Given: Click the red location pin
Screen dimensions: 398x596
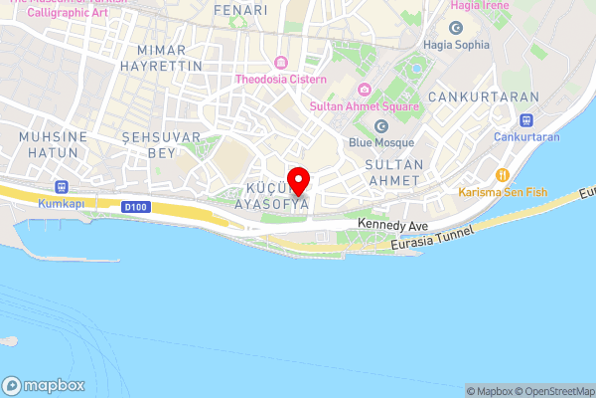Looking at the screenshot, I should pyautogui.click(x=298, y=182).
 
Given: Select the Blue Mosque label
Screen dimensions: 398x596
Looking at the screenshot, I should pyautogui.click(x=373, y=142).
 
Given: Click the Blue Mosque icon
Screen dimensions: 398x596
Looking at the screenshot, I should pyautogui.click(x=380, y=125).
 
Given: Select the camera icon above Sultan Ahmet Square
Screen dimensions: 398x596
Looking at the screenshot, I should pyautogui.click(x=364, y=90).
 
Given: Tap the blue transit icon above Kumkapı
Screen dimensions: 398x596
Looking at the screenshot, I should pyautogui.click(x=62, y=185).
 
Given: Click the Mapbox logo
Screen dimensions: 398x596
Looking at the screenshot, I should pyautogui.click(x=45, y=385).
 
